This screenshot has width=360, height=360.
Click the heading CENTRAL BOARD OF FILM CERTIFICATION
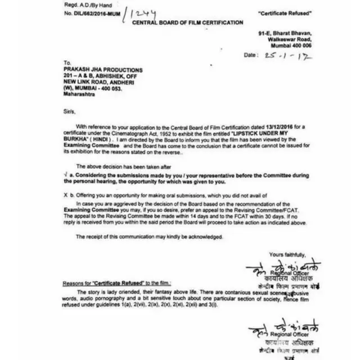[187, 23]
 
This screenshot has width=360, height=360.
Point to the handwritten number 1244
[142, 13]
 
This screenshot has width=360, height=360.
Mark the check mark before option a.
[65, 175]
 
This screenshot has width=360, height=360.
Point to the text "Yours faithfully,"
[287, 254]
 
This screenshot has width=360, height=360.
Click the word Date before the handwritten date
[251, 56]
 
